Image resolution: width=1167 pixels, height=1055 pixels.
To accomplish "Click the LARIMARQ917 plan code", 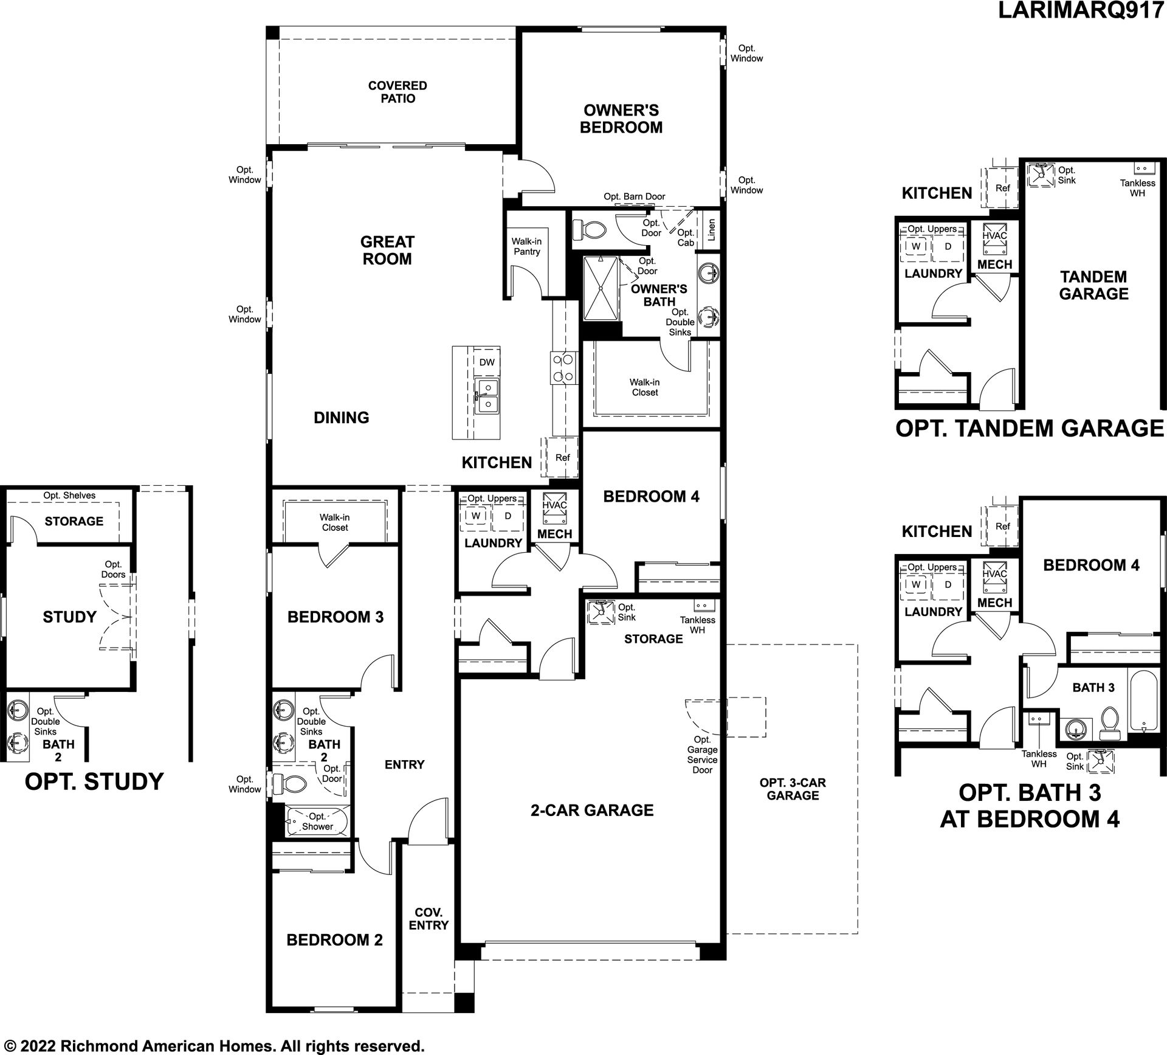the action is point(1081,12).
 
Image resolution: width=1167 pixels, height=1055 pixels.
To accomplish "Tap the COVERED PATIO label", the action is point(398,92).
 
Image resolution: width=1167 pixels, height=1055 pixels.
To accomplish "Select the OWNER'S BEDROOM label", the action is point(621,119).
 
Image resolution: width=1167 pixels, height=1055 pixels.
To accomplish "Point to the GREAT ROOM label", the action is point(387,251).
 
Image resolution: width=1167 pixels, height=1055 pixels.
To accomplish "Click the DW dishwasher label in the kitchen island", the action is point(487,362).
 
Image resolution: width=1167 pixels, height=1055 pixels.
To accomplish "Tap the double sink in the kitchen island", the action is point(486,396).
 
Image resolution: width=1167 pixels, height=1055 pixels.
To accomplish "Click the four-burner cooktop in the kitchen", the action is point(563,368).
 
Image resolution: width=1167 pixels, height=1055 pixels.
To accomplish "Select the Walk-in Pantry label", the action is point(526,247).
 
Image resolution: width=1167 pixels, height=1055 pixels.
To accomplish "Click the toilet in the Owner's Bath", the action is point(590,230).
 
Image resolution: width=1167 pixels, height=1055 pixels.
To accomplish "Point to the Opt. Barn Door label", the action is point(634,197).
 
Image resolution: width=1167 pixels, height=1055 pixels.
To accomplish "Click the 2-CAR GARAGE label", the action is point(592,810).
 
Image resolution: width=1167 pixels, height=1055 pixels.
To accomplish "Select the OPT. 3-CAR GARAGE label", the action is point(793,789).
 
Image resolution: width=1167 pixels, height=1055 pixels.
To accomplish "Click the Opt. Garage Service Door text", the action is point(702,755).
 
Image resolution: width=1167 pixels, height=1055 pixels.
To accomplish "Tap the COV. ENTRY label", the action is point(429,919).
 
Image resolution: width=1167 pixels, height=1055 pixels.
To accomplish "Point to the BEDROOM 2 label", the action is point(334,940).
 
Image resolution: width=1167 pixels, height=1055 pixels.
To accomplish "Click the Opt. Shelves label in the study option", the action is point(69,496).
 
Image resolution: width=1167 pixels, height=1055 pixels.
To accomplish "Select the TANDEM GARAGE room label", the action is point(1093,285).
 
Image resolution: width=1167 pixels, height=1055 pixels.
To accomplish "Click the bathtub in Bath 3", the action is point(1143,700).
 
